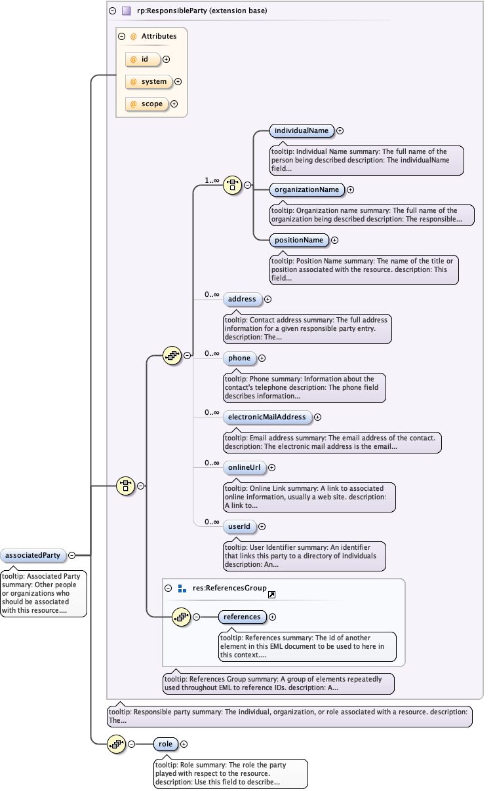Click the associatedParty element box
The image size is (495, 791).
pyautogui.click(x=33, y=555)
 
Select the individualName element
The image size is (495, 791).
pyautogui.click(x=302, y=130)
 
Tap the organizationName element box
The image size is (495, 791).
pyautogui.click(x=307, y=189)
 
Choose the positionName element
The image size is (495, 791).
pyautogui.click(x=299, y=240)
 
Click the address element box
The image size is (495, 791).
pyautogui.click(x=242, y=299)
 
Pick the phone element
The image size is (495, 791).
pyautogui.click(x=239, y=358)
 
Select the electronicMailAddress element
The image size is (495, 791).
pyautogui.click(x=267, y=417)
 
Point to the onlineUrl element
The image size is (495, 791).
pyautogui.click(x=244, y=467)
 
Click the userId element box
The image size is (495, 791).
pyautogui.click(x=239, y=526)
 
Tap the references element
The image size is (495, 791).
pyautogui.click(x=242, y=617)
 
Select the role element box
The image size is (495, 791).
pyautogui.click(x=166, y=744)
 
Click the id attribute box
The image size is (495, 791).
pyautogui.click(x=144, y=59)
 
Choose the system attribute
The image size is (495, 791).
pyautogui.click(x=149, y=81)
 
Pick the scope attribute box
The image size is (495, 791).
pyautogui.click(x=147, y=104)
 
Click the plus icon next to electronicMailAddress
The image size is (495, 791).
pyautogui.click(x=318, y=417)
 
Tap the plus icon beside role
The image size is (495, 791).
pyautogui.click(x=184, y=744)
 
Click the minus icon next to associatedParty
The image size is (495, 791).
pyautogui.click(x=71, y=555)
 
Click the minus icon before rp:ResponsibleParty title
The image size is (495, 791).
pyautogui.click(x=113, y=10)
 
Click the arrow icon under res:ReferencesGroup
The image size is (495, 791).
pyautogui.click(x=271, y=594)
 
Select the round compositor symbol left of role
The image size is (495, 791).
pyautogui.click(x=117, y=744)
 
